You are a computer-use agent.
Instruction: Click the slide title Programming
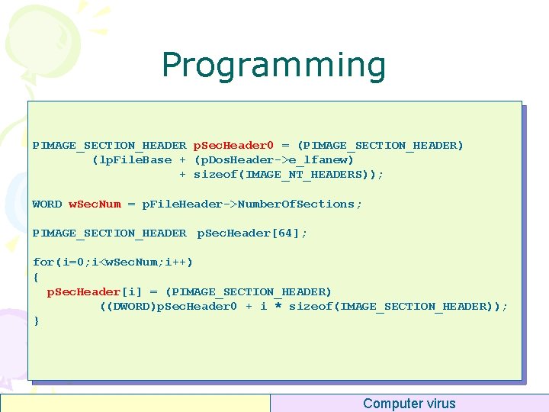(274, 66)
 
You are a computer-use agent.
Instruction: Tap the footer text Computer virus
(409, 404)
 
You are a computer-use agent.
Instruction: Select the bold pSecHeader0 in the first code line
(233, 145)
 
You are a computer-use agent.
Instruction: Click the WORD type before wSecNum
(47, 204)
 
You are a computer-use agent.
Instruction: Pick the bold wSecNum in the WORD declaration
(95, 204)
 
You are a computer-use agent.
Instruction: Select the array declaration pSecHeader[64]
(252, 233)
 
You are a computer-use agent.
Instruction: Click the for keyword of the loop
(43, 262)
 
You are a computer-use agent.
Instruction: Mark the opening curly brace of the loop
(36, 276)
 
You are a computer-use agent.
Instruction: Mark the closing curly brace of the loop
(36, 320)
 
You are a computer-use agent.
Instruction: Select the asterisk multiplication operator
(278, 306)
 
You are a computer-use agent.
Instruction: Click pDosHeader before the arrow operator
(233, 159)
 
